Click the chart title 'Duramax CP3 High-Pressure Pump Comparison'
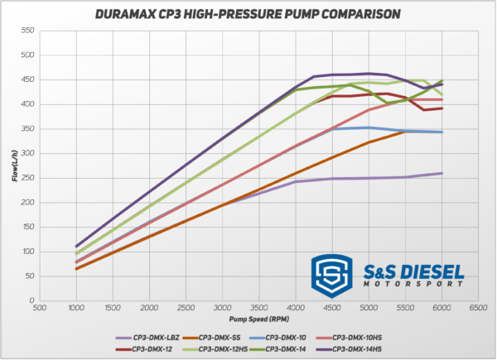pyautogui.click(x=248, y=14)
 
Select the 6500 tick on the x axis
pyautogui.click(x=478, y=309)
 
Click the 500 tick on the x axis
pyautogui.click(x=39, y=309)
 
